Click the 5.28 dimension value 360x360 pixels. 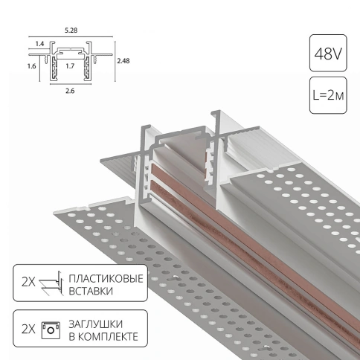(x=71, y=30)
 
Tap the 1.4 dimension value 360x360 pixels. (x=39, y=44)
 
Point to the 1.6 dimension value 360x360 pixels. (x=32, y=66)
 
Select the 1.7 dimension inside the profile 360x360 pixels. (x=70, y=66)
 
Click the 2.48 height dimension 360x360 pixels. (x=123, y=61)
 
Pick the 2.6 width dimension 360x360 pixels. (x=70, y=91)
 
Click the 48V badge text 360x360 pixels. (x=328, y=54)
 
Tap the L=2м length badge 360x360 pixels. (x=328, y=95)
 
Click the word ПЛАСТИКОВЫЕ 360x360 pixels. (x=106, y=279)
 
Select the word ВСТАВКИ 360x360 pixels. (x=91, y=291)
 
